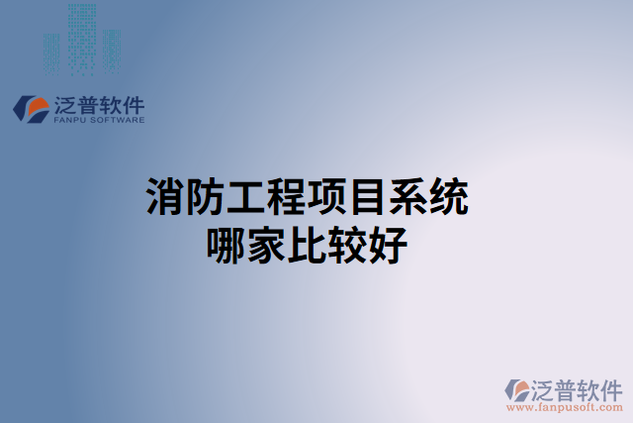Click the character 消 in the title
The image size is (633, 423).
[165, 198]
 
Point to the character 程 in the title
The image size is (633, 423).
[286, 198]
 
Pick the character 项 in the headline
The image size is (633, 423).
[326, 198]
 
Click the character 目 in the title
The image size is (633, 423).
[366, 198]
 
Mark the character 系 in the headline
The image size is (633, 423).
[407, 198]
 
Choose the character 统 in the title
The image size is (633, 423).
[447, 198]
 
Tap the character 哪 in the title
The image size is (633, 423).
[226, 243]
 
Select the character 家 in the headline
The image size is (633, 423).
[266, 243]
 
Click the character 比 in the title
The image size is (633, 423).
[306, 243]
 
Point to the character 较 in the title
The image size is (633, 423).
[346, 243]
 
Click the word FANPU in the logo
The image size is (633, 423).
[71, 120]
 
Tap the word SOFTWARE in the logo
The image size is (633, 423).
[119, 120]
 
